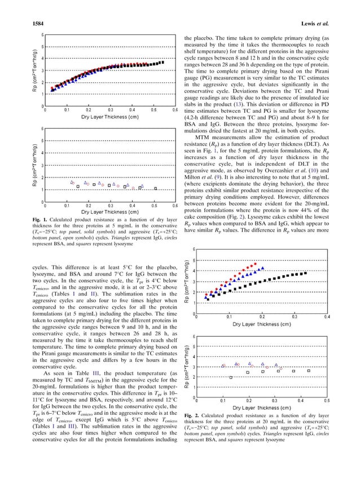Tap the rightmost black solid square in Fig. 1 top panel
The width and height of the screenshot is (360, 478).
click(x=163, y=62)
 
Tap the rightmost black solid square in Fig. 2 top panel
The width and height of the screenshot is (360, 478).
click(x=305, y=273)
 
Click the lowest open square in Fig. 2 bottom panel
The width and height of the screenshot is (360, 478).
click(x=231, y=377)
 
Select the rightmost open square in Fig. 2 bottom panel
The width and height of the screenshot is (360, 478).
click(x=308, y=371)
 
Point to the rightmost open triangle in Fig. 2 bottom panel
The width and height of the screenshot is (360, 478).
click(x=276, y=365)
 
